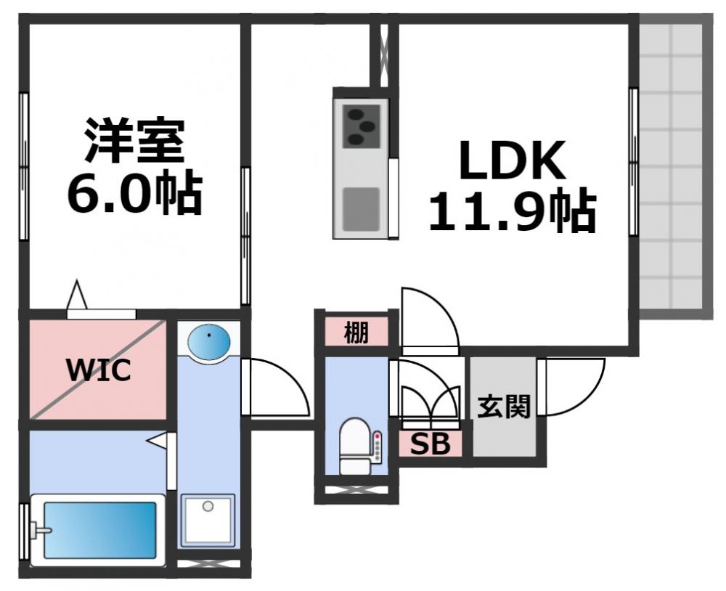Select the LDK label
(511, 161)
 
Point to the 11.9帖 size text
(511, 211)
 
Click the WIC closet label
(99, 370)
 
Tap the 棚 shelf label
(356, 333)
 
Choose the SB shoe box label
(431, 444)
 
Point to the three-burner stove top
(360, 126)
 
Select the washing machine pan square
(208, 519)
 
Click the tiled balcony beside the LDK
(671, 167)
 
